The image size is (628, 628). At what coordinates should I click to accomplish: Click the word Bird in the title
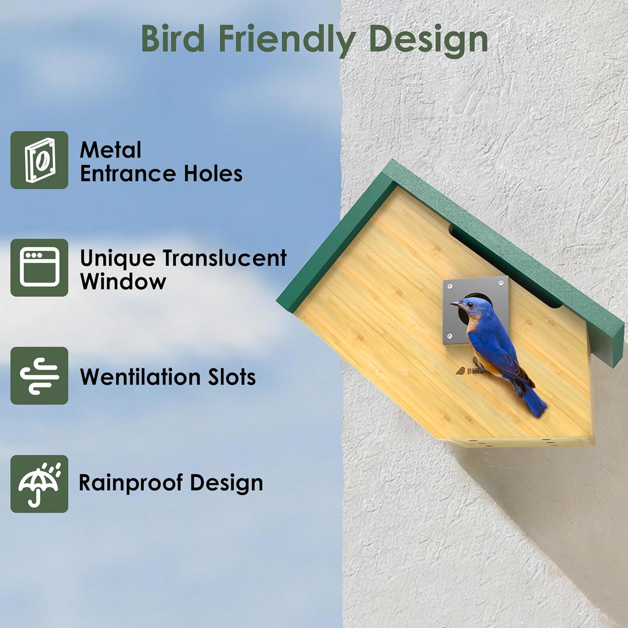tap(172, 39)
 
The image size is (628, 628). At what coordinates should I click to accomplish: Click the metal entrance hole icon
tap(39, 160)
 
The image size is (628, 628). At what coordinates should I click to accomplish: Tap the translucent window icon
tap(39, 268)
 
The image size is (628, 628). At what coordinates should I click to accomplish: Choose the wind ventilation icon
tap(39, 376)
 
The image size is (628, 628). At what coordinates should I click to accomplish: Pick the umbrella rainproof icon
tap(39, 484)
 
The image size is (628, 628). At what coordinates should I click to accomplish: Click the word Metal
tap(111, 150)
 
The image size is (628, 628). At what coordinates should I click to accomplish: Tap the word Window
tap(123, 281)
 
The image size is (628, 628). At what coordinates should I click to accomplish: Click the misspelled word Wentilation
tap(134, 377)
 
